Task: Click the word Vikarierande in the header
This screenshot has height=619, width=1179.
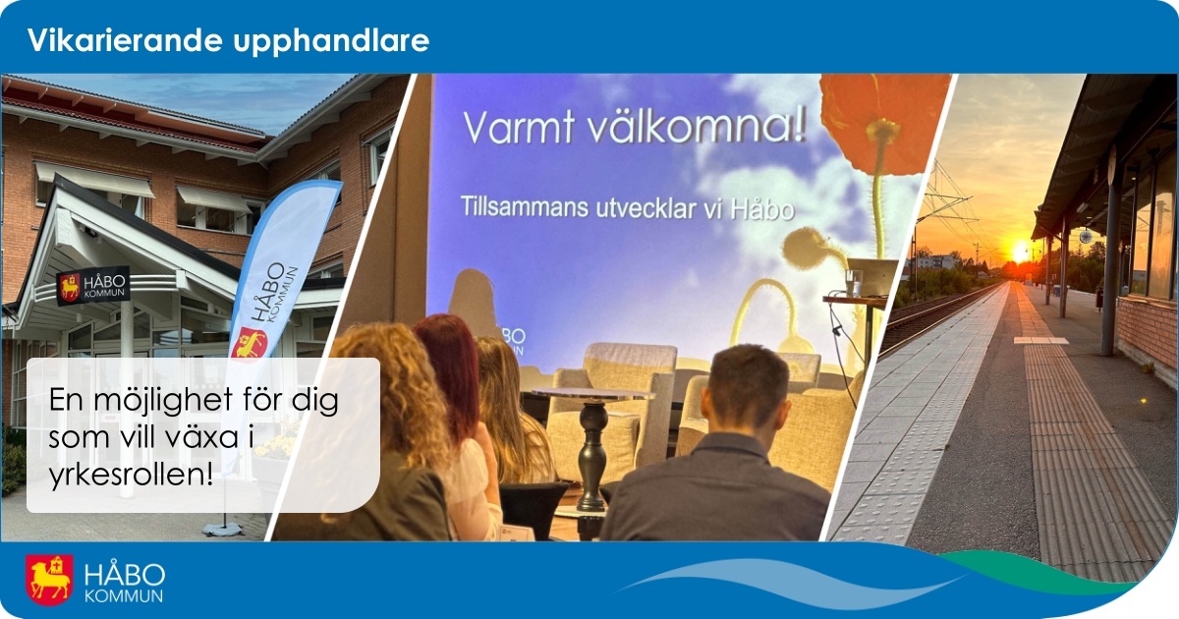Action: coord(123,40)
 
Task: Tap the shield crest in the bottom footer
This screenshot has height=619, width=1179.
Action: coord(49,580)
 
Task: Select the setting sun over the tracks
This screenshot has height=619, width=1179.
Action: coord(1020,253)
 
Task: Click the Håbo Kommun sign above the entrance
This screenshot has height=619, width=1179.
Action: coord(93,286)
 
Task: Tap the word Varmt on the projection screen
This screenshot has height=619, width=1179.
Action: coord(518,128)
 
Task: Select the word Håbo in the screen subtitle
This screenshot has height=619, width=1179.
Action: coord(762,209)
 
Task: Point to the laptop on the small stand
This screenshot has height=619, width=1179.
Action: coord(871,277)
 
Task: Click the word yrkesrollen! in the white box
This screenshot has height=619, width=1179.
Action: coord(132,475)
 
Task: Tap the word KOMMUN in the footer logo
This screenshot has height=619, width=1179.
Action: coord(124,596)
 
